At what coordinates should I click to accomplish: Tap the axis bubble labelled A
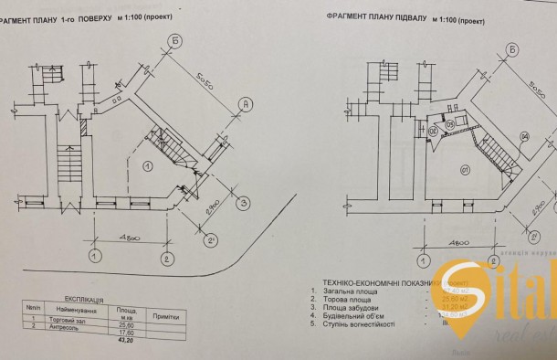point(245,106)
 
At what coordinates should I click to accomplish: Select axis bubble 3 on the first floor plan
point(242,204)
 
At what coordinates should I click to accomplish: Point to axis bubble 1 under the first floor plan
point(94,258)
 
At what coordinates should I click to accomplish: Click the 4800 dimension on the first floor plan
point(130,238)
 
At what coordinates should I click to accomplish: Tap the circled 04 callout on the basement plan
point(524,138)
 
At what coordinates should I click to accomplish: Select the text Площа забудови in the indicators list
point(346,308)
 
